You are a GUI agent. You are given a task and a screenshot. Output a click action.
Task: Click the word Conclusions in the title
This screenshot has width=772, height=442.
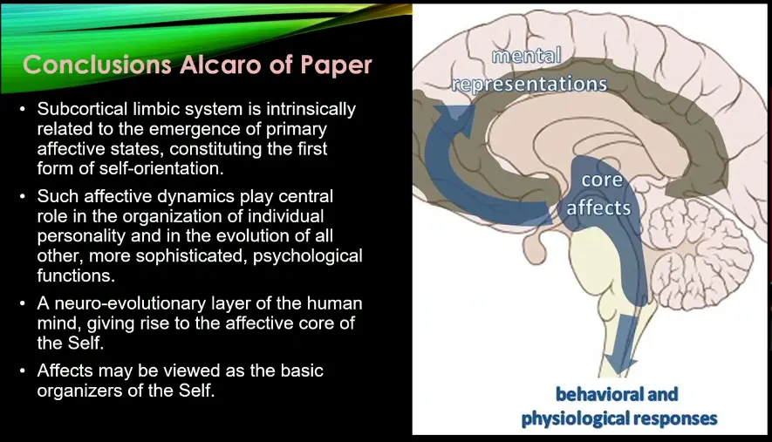coord(97,65)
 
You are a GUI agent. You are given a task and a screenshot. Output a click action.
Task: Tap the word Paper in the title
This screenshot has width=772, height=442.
coord(336,65)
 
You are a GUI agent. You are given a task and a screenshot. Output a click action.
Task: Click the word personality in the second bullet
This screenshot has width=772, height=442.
coord(82,236)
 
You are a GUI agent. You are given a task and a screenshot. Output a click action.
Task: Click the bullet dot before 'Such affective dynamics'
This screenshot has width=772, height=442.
coord(23,197)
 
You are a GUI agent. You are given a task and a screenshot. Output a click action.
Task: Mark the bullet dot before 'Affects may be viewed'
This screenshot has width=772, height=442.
coord(23,371)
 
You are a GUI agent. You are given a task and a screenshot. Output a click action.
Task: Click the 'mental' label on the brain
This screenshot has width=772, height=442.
coord(526,56)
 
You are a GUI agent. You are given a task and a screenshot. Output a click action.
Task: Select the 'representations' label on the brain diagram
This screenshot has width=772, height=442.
coord(529,85)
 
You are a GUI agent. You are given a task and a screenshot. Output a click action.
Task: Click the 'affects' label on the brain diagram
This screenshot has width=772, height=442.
coord(598,207)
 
